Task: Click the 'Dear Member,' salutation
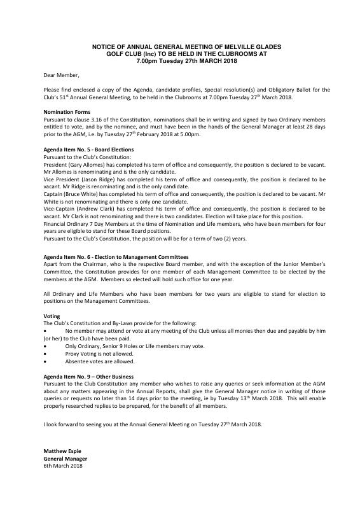pos(61,75)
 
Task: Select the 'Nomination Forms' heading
pos(66,112)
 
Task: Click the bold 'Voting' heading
pos(52,316)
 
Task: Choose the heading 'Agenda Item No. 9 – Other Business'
pos(88,377)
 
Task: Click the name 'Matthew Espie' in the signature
pos(62,450)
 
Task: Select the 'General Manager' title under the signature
pos(65,458)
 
